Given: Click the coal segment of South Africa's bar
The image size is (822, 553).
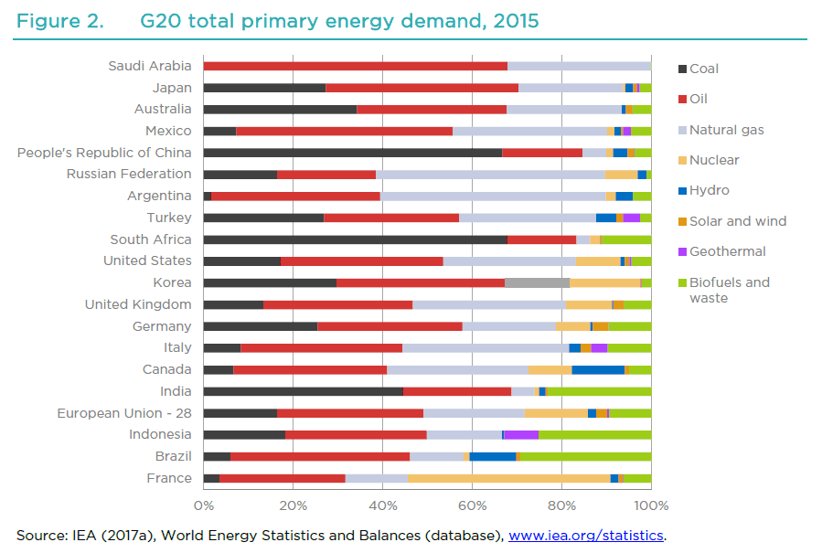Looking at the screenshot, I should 355,239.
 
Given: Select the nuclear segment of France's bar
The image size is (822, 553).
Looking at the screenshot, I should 508,478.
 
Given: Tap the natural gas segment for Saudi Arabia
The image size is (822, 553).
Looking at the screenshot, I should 579,66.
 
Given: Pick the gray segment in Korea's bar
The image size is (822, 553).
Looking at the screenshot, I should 537,282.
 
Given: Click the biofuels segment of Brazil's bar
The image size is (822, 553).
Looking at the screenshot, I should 585,456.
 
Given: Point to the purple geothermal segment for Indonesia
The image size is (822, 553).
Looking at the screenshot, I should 521,434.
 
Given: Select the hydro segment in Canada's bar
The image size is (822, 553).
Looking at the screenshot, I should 598,369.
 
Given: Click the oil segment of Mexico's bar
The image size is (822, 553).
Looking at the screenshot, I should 344,131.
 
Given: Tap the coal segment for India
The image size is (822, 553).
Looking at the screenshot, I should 303,391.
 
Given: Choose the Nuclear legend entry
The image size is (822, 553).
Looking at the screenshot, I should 713,160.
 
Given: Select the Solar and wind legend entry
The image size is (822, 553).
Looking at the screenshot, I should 737,221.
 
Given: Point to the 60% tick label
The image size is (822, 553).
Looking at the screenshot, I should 472,505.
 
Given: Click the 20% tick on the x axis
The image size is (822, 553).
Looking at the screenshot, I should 293,505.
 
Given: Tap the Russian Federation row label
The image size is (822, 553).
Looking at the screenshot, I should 129,174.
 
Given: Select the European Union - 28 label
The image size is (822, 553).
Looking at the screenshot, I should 124,413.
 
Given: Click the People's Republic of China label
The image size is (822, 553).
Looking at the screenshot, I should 104,153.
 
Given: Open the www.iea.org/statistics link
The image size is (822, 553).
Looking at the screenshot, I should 585,535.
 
